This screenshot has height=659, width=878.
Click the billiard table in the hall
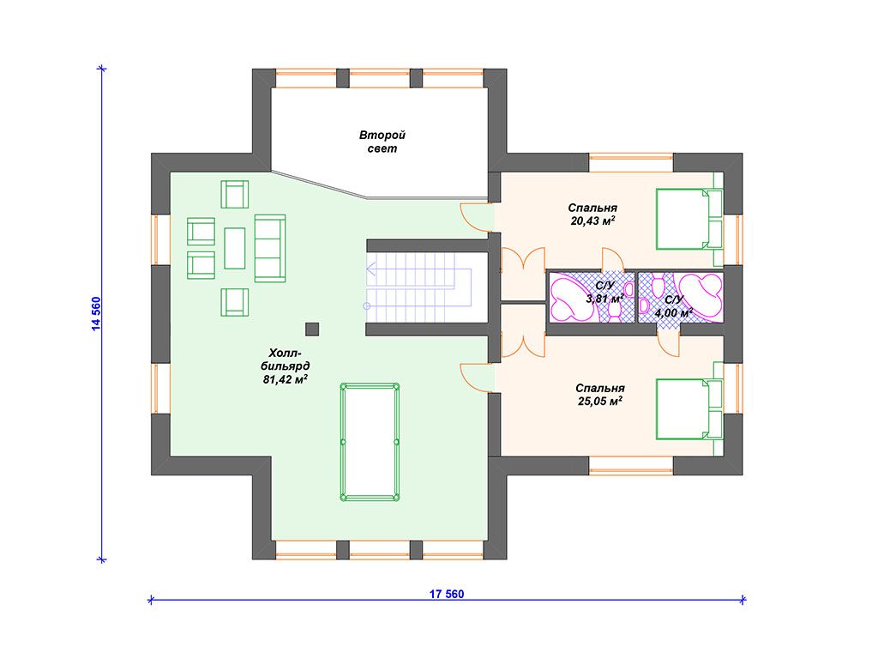coord(370,442)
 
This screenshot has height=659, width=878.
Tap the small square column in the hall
coord(312,329)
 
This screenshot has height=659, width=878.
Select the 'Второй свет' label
coord(382,142)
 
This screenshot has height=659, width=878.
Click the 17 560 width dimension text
coord(447,594)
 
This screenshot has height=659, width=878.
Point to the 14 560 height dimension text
coord(96,314)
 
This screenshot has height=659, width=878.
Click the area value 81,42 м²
coord(286,379)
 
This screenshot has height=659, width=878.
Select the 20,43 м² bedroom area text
coord(593,221)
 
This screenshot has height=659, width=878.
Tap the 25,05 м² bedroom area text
coord(600,402)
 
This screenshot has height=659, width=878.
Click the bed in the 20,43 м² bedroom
coord(689,219)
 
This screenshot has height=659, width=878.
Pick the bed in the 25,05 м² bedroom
coord(689,408)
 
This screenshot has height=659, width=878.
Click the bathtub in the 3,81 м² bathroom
coord(571,297)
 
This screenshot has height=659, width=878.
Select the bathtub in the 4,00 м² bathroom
coord(699,297)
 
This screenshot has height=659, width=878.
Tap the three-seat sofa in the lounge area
coord(270,248)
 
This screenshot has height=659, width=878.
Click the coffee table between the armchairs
coord(235,248)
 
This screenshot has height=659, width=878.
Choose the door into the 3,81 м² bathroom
coord(612,259)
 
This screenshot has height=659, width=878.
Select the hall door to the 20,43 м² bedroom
coord(476,216)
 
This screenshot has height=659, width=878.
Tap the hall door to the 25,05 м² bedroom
coord(476,378)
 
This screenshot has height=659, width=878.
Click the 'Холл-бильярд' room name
coord(286,360)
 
